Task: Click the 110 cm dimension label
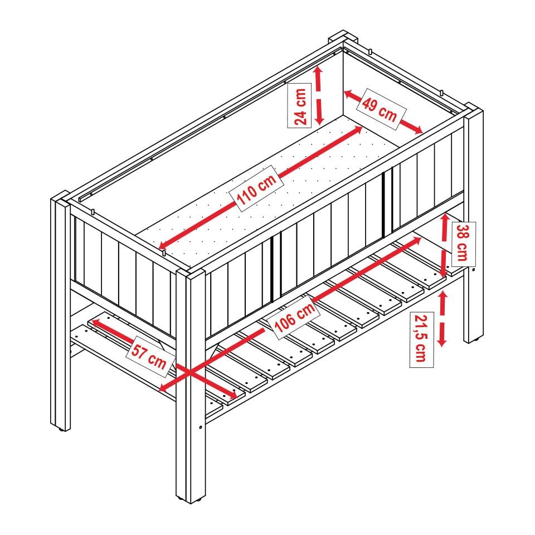coord(256,189)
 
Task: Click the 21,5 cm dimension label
coord(422,339)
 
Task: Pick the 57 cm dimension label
coord(150,357)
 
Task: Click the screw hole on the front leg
coord(200,426)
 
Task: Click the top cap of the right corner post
coord(474,110)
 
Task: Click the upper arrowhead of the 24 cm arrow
coord(318,71)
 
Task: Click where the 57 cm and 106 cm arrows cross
coord(189,373)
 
